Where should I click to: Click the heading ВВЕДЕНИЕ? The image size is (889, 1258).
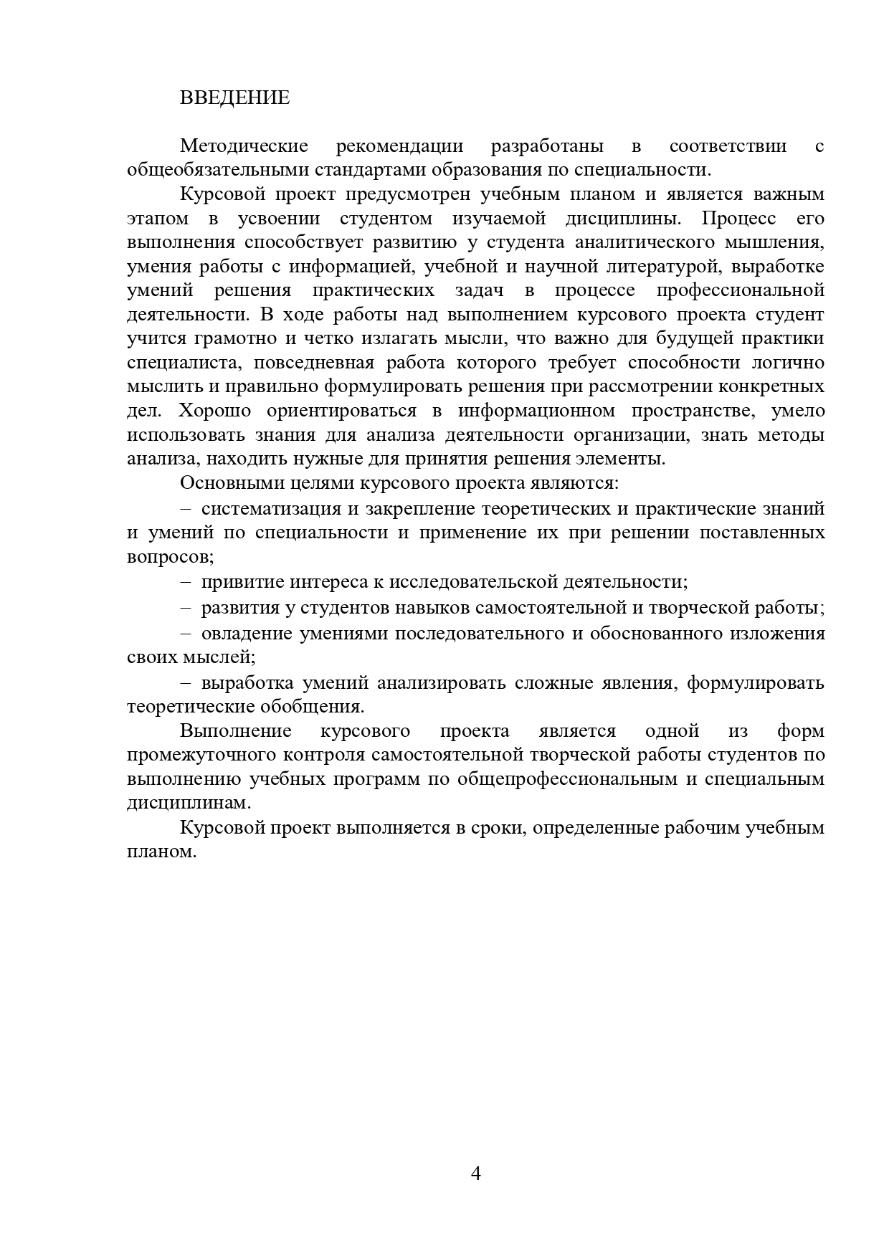[x=234, y=98]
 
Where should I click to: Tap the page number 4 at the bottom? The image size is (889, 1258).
[x=475, y=1173]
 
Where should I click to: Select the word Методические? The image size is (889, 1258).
[x=244, y=147]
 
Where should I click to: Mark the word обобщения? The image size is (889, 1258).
[x=319, y=707]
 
